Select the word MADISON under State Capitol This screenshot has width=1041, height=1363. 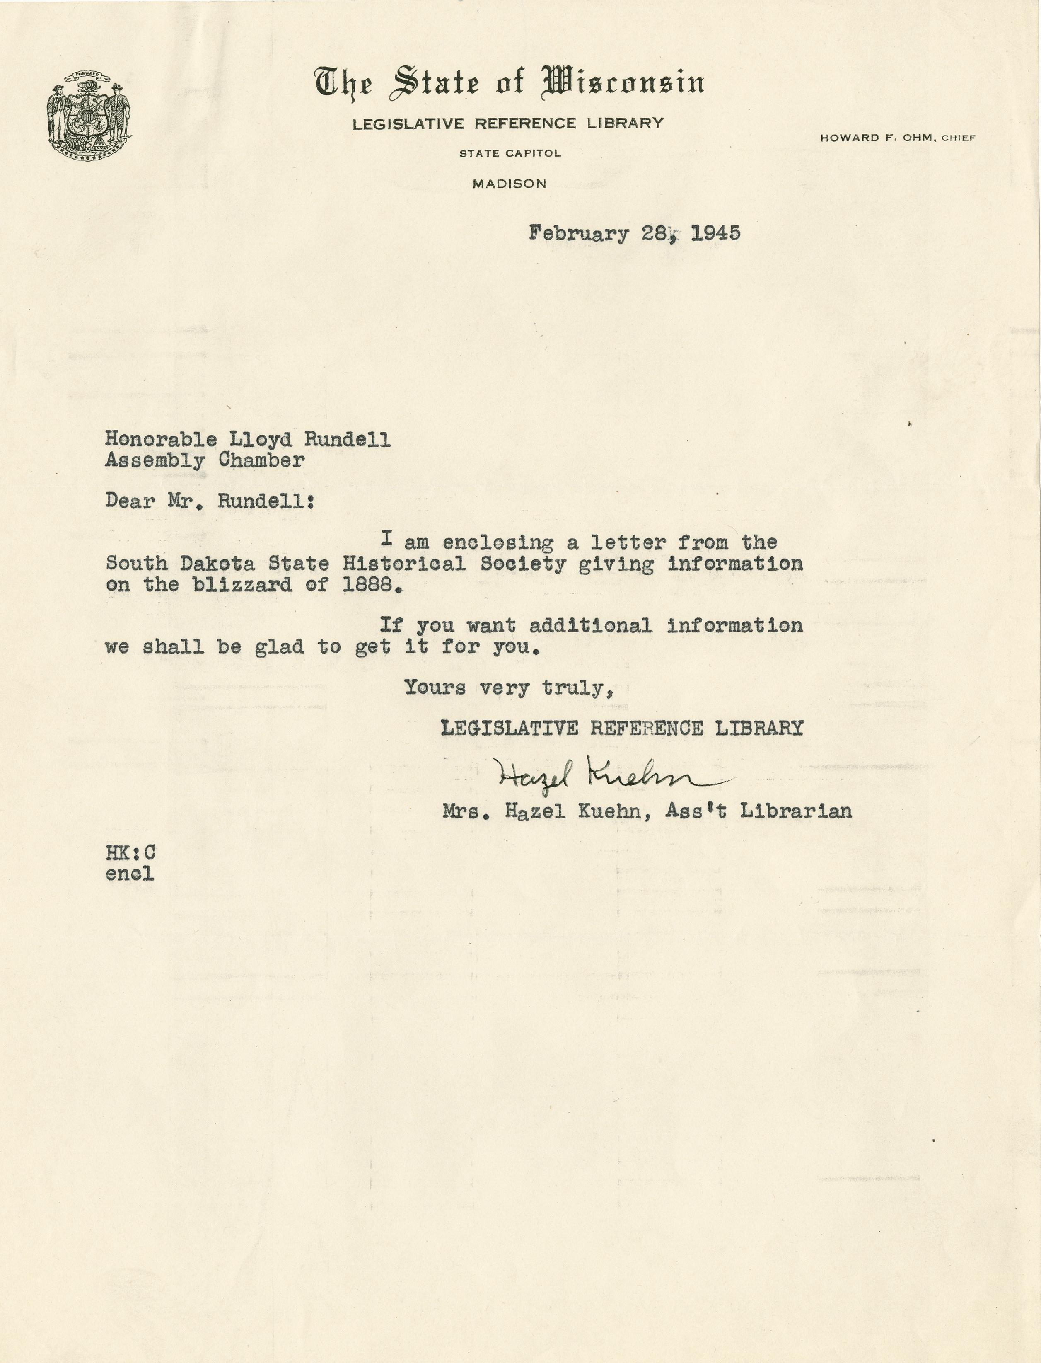510,184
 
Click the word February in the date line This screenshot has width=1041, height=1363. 579,234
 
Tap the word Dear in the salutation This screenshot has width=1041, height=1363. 130,501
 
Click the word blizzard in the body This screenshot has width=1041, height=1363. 242,584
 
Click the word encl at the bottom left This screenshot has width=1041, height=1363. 130,874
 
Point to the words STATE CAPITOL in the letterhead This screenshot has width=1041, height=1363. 510,153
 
